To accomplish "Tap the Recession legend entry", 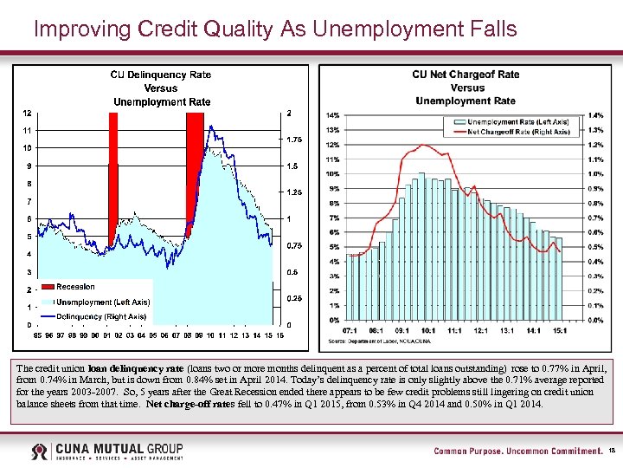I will (x=75, y=286).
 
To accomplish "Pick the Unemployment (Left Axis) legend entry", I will (x=102, y=302).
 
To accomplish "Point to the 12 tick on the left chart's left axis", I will (x=28, y=113).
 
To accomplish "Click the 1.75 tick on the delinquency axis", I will (x=294, y=139).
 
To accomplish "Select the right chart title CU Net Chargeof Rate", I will (x=466, y=75).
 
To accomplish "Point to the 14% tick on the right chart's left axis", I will (x=332, y=115).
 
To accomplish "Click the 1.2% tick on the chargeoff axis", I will (x=595, y=145).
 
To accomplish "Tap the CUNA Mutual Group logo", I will (x=107, y=452).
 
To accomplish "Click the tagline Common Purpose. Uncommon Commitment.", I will (x=517, y=452).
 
